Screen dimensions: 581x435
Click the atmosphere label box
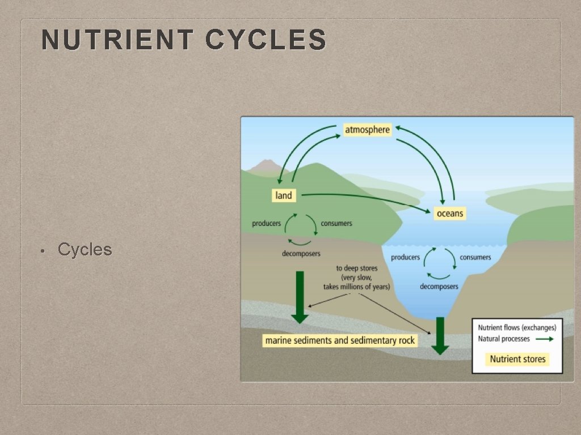tap(368, 130)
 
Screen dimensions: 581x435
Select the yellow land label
tap(283, 195)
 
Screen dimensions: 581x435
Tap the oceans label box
tap(450, 214)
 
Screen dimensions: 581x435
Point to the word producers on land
tap(266, 224)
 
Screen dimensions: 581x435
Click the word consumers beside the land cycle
tap(336, 224)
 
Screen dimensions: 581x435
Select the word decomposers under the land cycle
tap(301, 253)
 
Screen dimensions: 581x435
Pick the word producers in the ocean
tap(405, 257)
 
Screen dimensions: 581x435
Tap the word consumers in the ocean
tap(475, 257)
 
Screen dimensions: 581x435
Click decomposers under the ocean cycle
tap(439, 287)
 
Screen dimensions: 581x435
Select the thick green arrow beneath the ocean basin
tap(440, 335)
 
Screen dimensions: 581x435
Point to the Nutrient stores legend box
tap(517, 359)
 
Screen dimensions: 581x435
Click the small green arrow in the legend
tap(545, 339)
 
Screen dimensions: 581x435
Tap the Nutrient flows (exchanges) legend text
tap(517, 327)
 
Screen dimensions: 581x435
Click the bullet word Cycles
tap(85, 249)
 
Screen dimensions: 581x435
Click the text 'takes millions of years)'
tap(356, 287)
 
